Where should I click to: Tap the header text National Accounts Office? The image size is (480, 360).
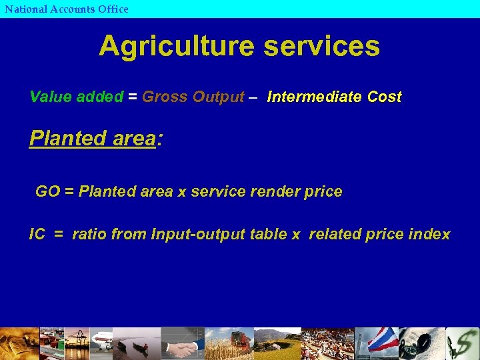click(67, 9)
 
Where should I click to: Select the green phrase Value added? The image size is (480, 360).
click(77, 97)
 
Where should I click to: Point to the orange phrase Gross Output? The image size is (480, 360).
click(193, 97)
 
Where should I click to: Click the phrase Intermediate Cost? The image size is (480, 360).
click(334, 97)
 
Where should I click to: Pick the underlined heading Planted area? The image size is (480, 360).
click(92, 138)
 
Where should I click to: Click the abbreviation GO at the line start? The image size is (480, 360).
click(47, 192)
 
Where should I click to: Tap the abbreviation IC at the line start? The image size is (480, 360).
click(37, 235)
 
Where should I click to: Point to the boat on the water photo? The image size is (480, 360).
click(137, 347)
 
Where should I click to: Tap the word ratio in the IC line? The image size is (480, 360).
click(89, 235)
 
